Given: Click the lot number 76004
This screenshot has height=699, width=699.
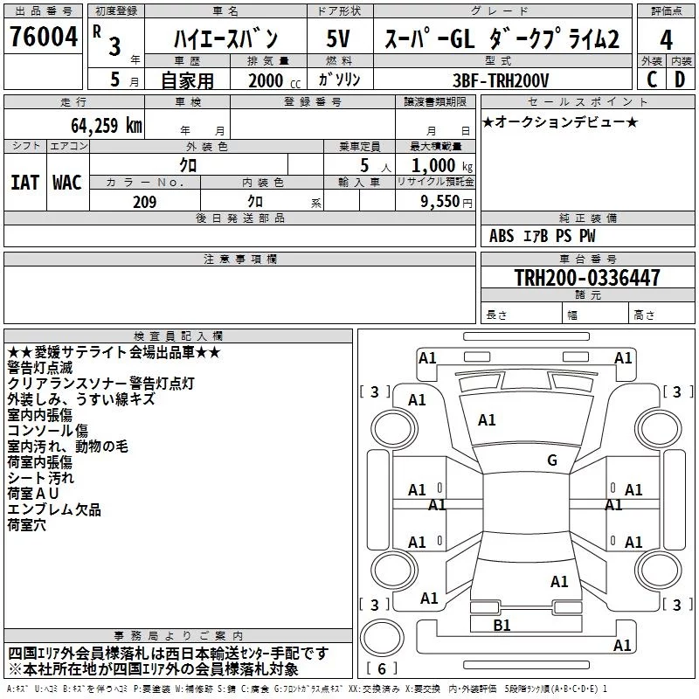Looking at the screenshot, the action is click(x=44, y=37).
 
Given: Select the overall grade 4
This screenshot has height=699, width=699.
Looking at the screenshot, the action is click(x=666, y=40).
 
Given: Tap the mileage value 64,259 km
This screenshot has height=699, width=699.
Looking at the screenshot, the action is click(x=107, y=126).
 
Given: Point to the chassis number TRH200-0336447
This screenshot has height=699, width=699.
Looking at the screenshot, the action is click(x=587, y=277).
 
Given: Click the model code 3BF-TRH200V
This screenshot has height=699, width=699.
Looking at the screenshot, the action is click(x=501, y=80).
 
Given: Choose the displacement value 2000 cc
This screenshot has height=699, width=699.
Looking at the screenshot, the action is click(x=274, y=81).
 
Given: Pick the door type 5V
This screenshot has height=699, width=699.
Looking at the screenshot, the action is click(x=338, y=38).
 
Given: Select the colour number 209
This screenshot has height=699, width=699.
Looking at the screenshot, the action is click(x=145, y=202).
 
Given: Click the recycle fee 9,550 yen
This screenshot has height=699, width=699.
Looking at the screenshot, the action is click(x=446, y=202).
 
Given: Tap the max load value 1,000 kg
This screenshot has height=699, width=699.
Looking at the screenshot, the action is click(x=442, y=166).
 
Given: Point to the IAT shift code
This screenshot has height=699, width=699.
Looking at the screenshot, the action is click(x=24, y=183).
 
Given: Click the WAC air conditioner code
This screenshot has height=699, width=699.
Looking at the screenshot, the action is click(x=67, y=183).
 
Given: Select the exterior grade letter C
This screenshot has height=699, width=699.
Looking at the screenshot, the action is click(x=652, y=80).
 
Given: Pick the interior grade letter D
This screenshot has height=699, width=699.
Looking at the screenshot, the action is click(x=680, y=80).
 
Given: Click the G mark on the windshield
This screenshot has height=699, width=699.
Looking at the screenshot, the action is click(x=552, y=460).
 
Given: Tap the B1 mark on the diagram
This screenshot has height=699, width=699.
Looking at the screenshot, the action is click(x=502, y=625).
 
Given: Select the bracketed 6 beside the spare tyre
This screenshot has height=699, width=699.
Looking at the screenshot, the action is click(x=382, y=668).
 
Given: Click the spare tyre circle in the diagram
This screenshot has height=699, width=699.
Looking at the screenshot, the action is click(x=382, y=638).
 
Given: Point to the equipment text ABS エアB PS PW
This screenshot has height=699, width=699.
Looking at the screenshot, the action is click(x=542, y=236).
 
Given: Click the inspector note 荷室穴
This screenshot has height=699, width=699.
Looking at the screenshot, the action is click(x=27, y=525).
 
